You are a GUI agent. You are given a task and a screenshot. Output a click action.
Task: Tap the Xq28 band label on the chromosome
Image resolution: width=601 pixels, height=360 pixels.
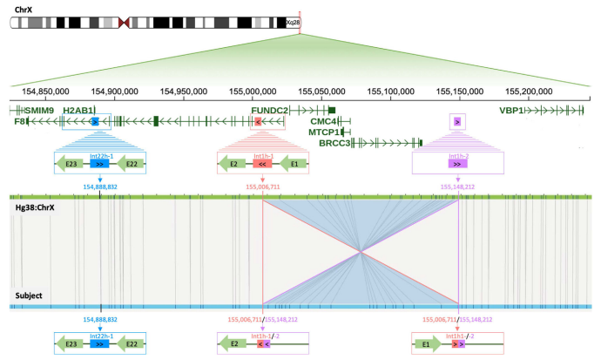[292, 23]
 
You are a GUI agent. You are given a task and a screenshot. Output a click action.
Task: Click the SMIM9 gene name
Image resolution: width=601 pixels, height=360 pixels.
[38, 111]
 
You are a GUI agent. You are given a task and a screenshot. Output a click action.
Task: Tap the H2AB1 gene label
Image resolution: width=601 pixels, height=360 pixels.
[78, 111]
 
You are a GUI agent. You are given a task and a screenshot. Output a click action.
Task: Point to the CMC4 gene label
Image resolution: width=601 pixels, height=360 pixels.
[323, 121]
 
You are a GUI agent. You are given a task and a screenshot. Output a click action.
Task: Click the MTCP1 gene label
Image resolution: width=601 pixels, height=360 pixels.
[324, 132]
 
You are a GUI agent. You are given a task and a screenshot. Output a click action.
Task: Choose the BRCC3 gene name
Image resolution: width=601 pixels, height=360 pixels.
[334, 142]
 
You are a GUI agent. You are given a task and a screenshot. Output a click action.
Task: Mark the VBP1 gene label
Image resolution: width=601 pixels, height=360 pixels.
[512, 111]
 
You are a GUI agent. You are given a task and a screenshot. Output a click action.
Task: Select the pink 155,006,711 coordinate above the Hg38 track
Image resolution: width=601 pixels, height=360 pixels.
[262, 186]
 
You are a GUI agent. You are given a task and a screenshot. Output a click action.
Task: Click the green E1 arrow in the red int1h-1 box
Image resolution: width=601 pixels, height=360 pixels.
[294, 163]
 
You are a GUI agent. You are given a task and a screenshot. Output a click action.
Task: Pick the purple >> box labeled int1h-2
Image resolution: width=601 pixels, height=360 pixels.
[457, 163]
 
